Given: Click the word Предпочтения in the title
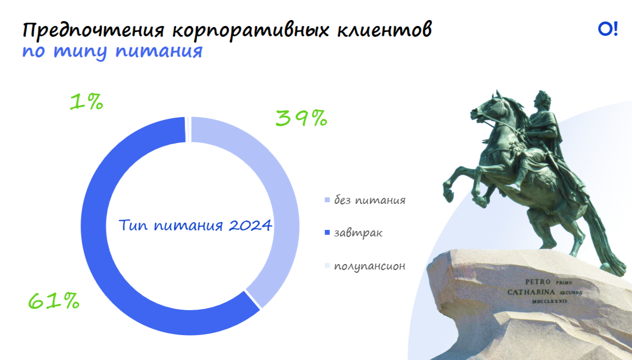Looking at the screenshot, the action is click(93, 30).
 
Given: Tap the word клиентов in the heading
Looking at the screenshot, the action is click(384, 30).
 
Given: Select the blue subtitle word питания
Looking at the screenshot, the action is click(159, 52).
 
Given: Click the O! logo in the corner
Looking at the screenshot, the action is click(608, 29).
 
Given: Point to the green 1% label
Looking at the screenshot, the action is click(87, 101).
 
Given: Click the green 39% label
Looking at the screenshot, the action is click(301, 118).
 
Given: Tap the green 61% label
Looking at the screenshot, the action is click(54, 301).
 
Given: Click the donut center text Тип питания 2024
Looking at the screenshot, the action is click(195, 225).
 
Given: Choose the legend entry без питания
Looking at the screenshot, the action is click(365, 200).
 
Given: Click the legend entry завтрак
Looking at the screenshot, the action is click(354, 233).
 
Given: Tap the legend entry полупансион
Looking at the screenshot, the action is click(365, 266).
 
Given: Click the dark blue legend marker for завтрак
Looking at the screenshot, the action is click(327, 233).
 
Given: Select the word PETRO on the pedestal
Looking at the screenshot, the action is click(538, 282).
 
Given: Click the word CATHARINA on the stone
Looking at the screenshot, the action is click(531, 292).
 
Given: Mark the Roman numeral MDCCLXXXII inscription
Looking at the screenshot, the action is click(550, 301).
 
